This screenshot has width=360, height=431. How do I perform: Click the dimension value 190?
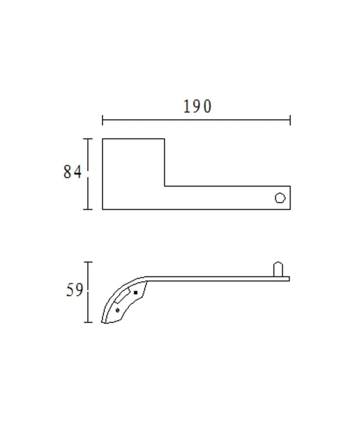(197, 106)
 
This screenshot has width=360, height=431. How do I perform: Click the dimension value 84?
(73, 172)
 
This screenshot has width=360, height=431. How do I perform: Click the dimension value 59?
(74, 290)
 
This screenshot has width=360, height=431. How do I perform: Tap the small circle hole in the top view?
(280, 198)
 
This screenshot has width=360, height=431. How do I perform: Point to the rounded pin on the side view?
(278, 269)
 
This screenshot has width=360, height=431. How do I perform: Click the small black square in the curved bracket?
(136, 293)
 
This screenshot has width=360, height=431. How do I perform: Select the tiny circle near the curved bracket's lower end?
(118, 310)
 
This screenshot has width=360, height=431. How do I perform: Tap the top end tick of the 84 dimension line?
(88, 139)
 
